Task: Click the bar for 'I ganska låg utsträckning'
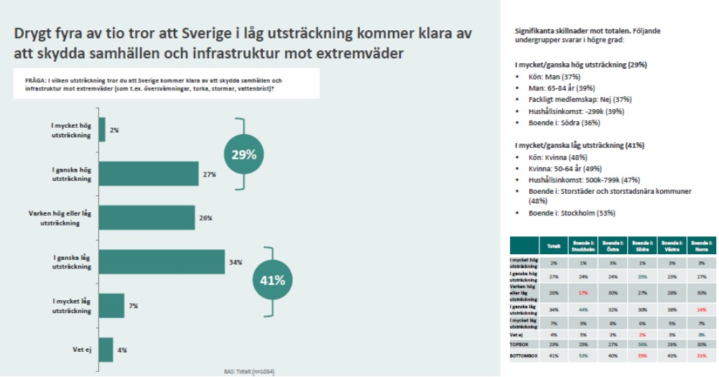(x=162, y=262)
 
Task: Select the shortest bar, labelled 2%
(x=101, y=130)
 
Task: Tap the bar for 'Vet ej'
(x=106, y=350)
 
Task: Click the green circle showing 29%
(x=244, y=154)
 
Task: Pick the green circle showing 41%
(x=273, y=280)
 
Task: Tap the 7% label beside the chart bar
(x=134, y=306)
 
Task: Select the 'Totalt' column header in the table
(x=554, y=246)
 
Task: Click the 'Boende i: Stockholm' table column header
(x=583, y=246)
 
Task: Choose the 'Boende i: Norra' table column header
(x=701, y=246)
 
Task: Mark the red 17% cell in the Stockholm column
(x=583, y=292)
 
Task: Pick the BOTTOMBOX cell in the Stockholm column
(x=583, y=354)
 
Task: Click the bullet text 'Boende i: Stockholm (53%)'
(x=570, y=213)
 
